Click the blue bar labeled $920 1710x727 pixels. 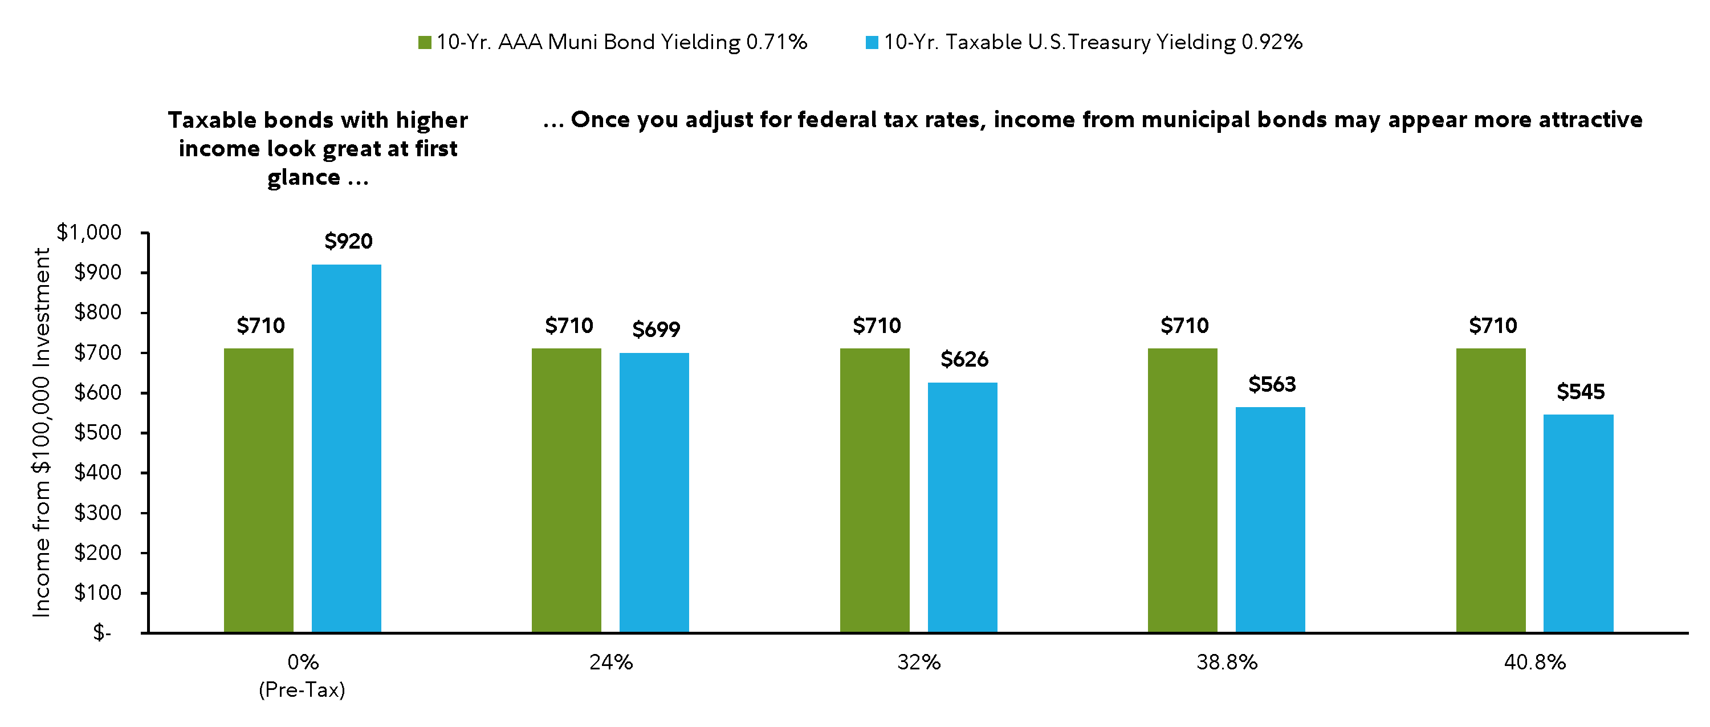(346, 448)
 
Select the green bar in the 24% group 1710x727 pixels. (566, 490)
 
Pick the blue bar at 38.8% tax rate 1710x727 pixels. (1270, 519)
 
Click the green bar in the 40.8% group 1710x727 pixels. (1491, 490)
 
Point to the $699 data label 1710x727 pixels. (656, 330)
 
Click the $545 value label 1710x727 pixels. (1581, 392)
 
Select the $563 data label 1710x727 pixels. (1272, 384)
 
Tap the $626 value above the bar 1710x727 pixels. (964, 359)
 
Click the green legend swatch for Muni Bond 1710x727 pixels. (424, 43)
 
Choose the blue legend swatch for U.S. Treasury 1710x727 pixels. (872, 43)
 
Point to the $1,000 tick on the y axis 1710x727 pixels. (89, 233)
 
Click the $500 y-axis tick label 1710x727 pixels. (97, 432)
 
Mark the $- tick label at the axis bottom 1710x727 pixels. (102, 633)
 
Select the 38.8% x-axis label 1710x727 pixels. (1227, 663)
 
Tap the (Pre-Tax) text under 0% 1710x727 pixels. (302, 691)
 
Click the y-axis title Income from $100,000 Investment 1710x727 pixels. (41, 432)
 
